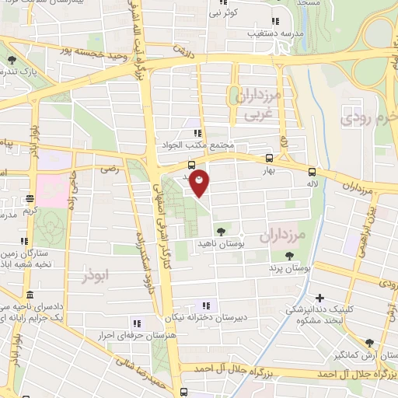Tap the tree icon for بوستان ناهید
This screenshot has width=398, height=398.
[222, 231]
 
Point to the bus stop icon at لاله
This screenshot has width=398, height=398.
[312, 172]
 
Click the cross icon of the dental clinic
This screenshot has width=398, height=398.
[319, 297]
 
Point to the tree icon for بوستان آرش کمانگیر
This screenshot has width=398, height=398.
[368, 342]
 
